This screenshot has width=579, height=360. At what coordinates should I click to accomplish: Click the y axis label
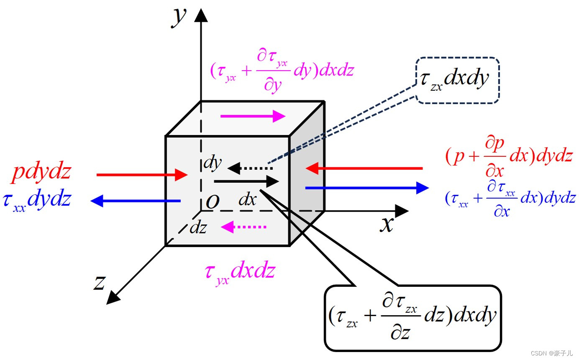pyautogui.click(x=179, y=17)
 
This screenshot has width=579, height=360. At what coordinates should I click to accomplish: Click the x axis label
pyautogui.click(x=387, y=224)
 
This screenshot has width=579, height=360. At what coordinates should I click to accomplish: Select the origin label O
pyautogui.click(x=213, y=202)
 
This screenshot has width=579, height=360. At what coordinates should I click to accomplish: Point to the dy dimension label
pyautogui.click(x=212, y=163)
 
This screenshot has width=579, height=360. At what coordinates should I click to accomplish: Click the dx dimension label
pyautogui.click(x=247, y=200)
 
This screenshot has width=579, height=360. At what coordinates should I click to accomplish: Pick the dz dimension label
pyautogui.click(x=198, y=228)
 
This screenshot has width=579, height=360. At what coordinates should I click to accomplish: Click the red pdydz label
pyautogui.click(x=41, y=172)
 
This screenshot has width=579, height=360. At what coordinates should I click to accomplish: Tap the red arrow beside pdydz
pyautogui.click(x=142, y=175)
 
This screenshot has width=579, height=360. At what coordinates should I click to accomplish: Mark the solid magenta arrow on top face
pyautogui.click(x=253, y=116)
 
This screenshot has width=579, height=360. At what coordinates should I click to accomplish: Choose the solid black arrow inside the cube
pyautogui.click(x=246, y=181)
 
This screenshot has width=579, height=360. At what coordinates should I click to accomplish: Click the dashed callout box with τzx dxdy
pyautogui.click(x=457, y=80)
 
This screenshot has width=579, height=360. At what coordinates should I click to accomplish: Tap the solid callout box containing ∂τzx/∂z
pyautogui.click(x=412, y=317)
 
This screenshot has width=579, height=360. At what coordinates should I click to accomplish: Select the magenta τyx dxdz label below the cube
pyautogui.click(x=240, y=272)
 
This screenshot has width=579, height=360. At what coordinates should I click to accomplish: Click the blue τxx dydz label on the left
pyautogui.click(x=37, y=200)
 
